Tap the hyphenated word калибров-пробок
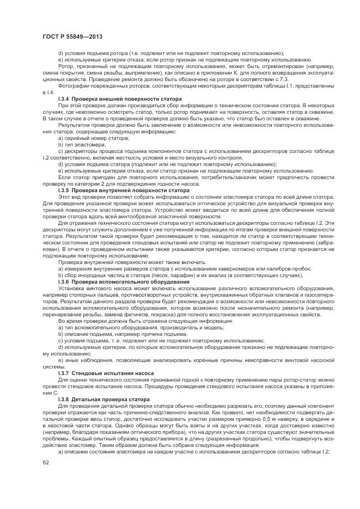pos(292,269)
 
